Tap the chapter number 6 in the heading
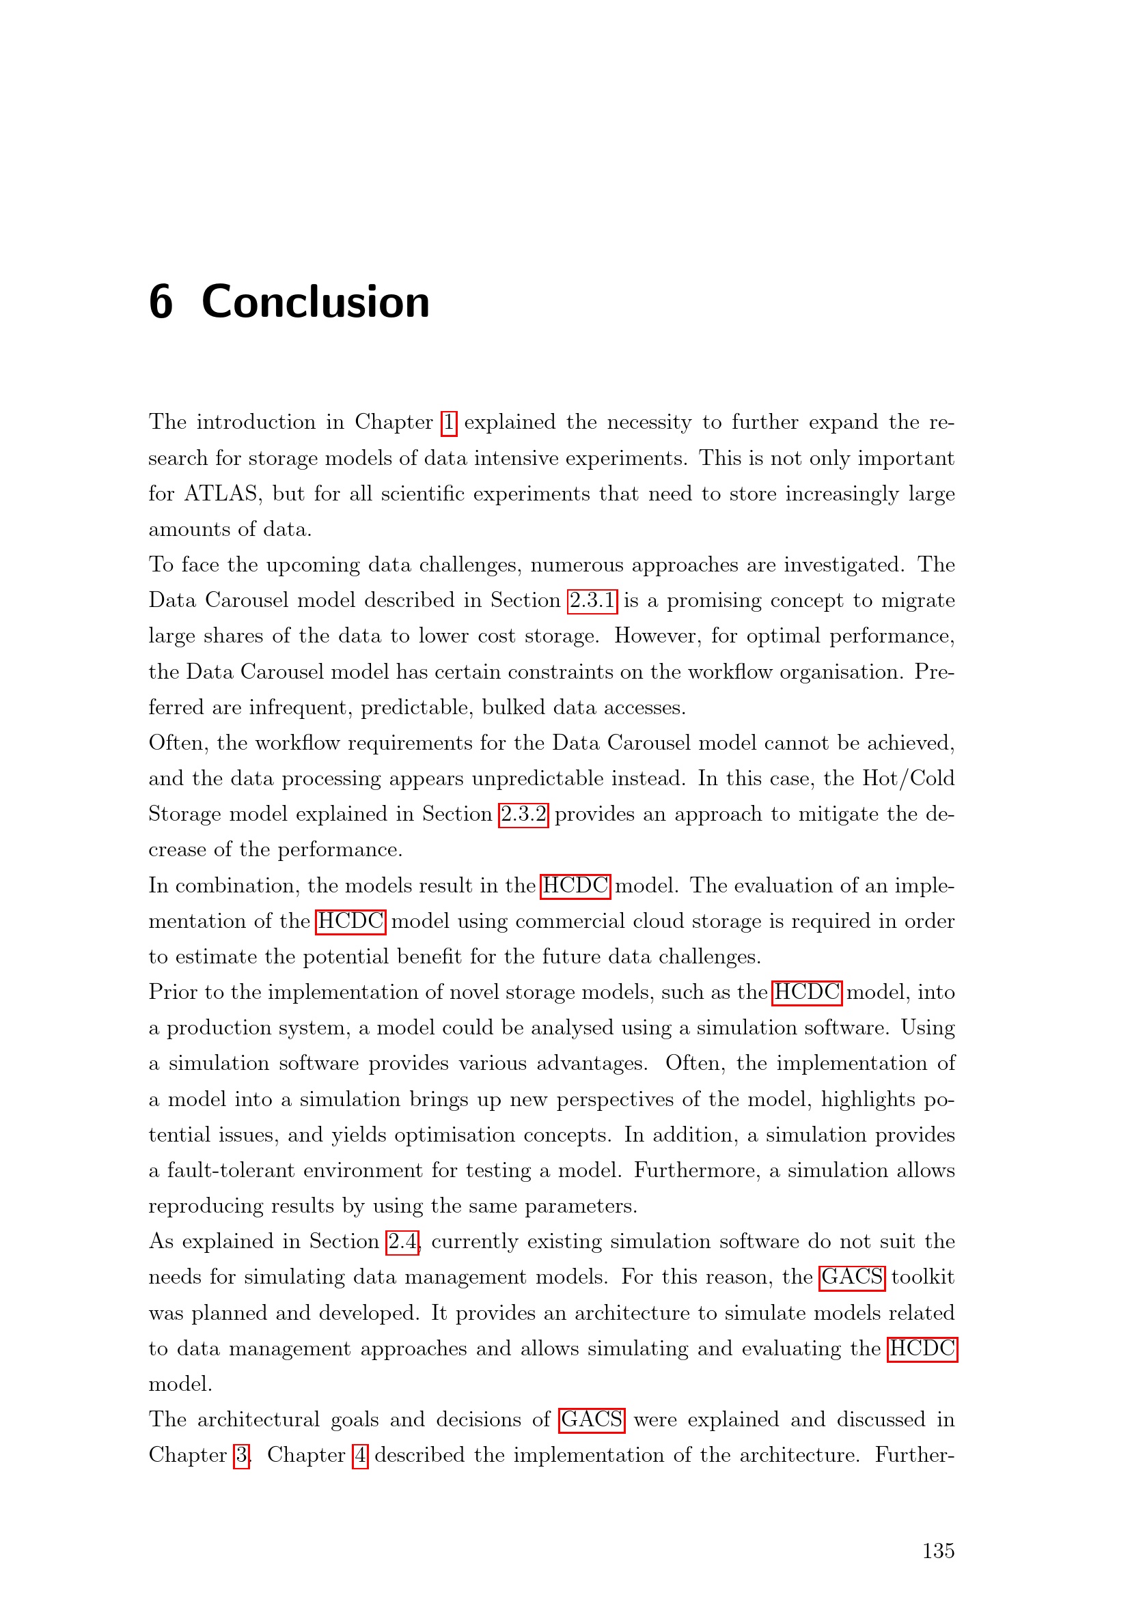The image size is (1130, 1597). click(x=161, y=302)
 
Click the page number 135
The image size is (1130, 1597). click(x=938, y=1551)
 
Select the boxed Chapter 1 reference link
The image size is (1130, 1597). click(x=449, y=423)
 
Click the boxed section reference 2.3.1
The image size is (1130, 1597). click(x=592, y=601)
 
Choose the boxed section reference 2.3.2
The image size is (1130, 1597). click(x=523, y=815)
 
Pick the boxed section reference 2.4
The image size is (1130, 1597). click(x=404, y=1242)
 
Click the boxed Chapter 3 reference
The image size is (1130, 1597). click(x=241, y=1456)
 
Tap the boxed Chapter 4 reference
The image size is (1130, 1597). click(x=361, y=1456)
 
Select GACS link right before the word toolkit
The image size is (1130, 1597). click(x=852, y=1277)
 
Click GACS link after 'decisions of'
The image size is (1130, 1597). click(x=592, y=1420)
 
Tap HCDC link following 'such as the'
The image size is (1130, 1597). click(x=807, y=993)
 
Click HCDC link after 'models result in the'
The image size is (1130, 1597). click(x=575, y=886)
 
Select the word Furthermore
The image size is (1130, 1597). click(x=696, y=1172)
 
